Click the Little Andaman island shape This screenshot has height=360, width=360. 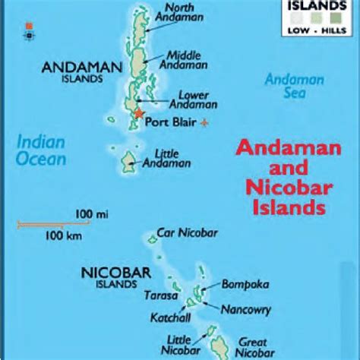126,161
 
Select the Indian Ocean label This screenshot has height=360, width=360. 42,150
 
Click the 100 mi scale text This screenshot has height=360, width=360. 86,215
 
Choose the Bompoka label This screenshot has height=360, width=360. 242,283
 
